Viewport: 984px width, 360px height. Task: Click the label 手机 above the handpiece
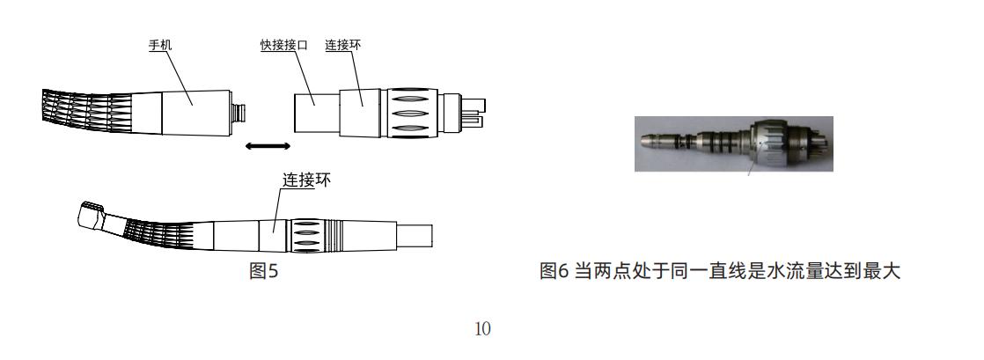[x=159, y=43]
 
